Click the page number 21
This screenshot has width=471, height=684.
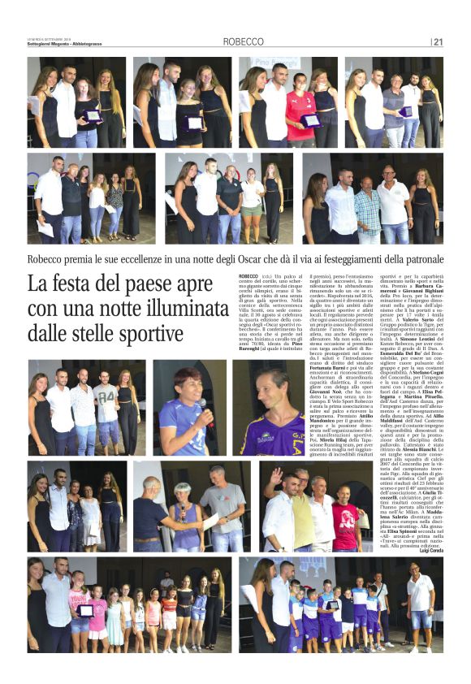tap(438, 42)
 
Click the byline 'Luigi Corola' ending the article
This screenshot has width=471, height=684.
tap(428, 550)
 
